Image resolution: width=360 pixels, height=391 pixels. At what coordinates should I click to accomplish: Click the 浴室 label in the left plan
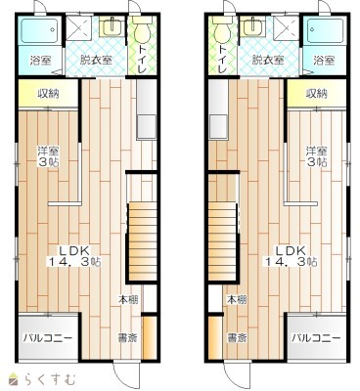coord(40,61)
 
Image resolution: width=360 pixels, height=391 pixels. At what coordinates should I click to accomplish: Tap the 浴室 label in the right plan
coord(324,61)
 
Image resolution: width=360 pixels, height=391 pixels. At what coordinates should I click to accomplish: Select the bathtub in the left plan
coord(40,31)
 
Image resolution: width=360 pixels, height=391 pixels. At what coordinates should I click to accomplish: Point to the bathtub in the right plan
coord(324,31)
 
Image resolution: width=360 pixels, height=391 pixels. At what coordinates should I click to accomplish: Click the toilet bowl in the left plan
coord(142,30)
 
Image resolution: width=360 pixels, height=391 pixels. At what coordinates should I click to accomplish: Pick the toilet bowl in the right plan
coord(222,30)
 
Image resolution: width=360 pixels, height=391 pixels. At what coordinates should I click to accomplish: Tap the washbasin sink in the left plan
coord(112,25)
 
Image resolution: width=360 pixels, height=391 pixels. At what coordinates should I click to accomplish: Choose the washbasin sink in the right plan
coord(253,25)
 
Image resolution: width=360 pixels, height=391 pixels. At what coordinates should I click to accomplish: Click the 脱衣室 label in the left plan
coord(96,61)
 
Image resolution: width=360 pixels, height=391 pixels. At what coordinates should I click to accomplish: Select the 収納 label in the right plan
coord(316,94)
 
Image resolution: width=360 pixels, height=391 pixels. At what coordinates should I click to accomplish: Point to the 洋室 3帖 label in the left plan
coord(48,156)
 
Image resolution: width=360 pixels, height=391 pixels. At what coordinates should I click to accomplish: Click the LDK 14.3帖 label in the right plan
coord(291,256)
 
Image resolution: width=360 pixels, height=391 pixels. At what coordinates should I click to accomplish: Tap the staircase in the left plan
coord(141,241)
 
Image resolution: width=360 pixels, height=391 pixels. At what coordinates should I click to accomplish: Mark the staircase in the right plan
coord(223,241)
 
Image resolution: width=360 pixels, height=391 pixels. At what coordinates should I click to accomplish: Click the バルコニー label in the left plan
coord(48,338)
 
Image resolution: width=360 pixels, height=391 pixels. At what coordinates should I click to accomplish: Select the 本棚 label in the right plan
coord(237,299)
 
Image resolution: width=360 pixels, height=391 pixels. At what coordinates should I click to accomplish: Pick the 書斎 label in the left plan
coord(127,337)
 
